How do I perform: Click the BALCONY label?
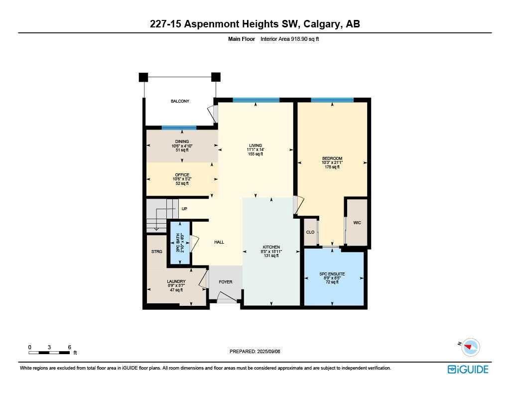(x=180, y=101)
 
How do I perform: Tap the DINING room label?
(x=182, y=141)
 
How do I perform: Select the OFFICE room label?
(x=182, y=175)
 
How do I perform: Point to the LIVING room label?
(x=255, y=145)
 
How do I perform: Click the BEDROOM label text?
(x=332, y=158)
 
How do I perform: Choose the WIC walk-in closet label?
(x=357, y=223)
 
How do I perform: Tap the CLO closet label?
(x=310, y=232)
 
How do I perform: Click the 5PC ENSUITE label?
(x=332, y=274)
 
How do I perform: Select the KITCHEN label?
(x=271, y=247)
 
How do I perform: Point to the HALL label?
(x=219, y=242)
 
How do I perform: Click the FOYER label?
(x=226, y=282)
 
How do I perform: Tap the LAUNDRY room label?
(x=176, y=281)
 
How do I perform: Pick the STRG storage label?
(x=157, y=252)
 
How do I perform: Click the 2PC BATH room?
(x=179, y=242)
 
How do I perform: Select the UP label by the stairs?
(x=184, y=209)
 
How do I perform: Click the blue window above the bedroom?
(x=332, y=100)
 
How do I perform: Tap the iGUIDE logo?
(x=468, y=369)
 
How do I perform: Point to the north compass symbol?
(x=470, y=347)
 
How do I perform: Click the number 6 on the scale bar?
(x=69, y=347)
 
